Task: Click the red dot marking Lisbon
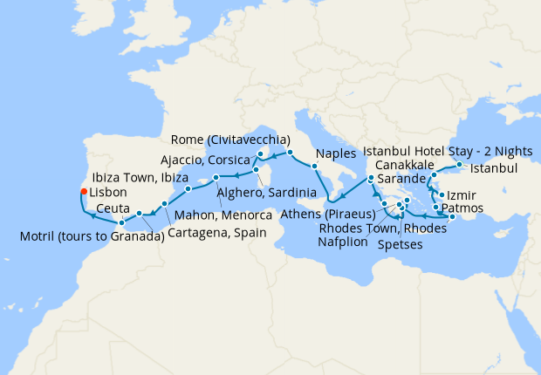[83, 192]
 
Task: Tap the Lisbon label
[108, 192]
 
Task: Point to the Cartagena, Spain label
[208, 234]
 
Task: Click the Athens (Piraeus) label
[330, 215]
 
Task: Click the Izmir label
[462, 195]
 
